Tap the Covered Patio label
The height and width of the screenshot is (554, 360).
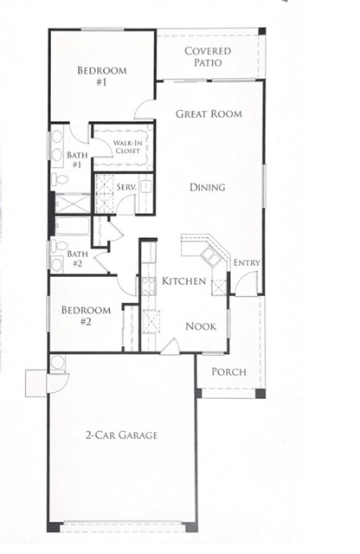click(x=208, y=56)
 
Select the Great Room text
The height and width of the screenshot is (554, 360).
click(x=208, y=113)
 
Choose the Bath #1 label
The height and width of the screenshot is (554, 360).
click(x=74, y=159)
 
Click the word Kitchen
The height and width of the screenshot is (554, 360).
click(x=184, y=281)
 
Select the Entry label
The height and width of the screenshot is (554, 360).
click(x=247, y=263)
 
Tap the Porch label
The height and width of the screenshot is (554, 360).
click(x=229, y=372)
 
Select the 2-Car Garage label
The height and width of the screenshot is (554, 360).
click(x=121, y=435)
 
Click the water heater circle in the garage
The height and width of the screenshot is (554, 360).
click(x=58, y=361)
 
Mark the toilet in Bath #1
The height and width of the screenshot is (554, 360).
click(x=59, y=180)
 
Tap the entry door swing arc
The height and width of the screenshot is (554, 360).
click(x=246, y=282)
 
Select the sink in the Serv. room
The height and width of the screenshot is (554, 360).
click(x=146, y=185)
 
